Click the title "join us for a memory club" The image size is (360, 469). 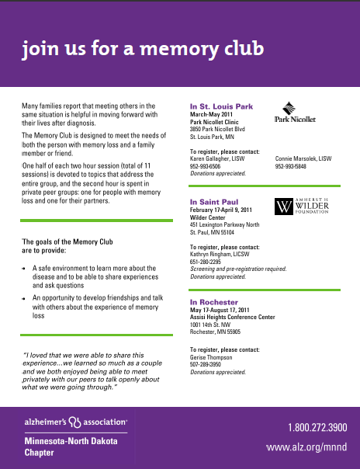tap(144, 49)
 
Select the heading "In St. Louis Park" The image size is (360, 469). tap(222, 106)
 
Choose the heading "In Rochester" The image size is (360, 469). tap(213, 301)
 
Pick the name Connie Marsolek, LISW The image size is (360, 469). tap(303, 158)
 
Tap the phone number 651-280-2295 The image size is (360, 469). tap(206, 262)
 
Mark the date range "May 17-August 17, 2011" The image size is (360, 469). tap(223, 310)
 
